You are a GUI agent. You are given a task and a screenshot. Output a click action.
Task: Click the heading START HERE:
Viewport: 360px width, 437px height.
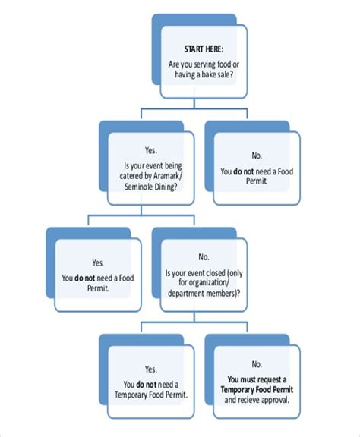pos(204,49)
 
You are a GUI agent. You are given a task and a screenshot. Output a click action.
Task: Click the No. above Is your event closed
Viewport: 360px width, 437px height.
pos(204,258)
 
